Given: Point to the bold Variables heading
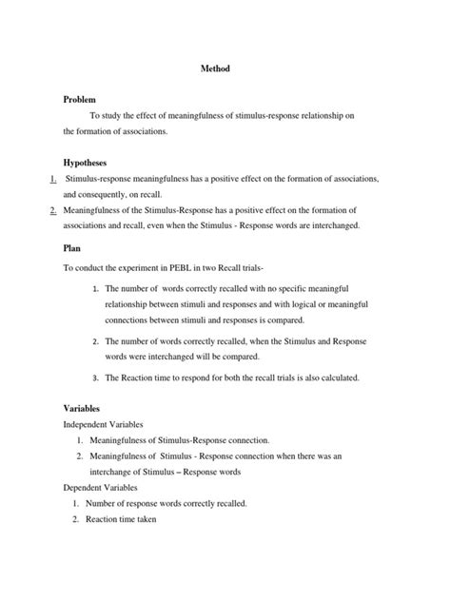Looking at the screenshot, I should point(82,407).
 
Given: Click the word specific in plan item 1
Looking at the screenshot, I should point(262,287).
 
